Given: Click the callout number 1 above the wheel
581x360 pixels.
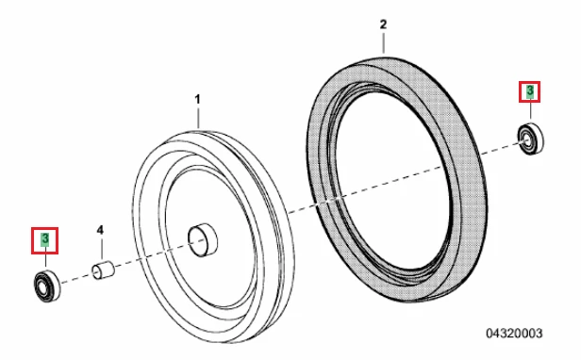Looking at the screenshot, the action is [197, 99].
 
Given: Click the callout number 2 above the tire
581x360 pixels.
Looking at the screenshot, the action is [383, 25].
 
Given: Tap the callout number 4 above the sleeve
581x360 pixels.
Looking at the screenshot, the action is [100, 230].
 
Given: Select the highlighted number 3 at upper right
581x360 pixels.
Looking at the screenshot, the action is [530, 91].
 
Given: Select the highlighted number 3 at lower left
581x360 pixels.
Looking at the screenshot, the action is [45, 239].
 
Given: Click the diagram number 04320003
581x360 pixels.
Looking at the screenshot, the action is [514, 333].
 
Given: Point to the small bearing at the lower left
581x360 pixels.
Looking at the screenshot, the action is [47, 286].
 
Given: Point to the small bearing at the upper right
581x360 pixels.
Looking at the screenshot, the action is [531, 139].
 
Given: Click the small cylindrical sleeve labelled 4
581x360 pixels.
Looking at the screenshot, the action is [103, 270].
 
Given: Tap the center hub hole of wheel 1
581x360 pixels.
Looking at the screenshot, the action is [203, 240].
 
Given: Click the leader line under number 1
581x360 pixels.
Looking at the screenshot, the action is [198, 117].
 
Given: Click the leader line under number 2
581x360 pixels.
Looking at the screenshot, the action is [384, 43].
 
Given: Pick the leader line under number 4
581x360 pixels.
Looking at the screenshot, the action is [102, 249].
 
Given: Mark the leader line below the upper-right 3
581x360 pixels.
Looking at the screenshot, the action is [530, 111].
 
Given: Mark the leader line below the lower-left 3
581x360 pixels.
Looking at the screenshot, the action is [45, 260].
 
